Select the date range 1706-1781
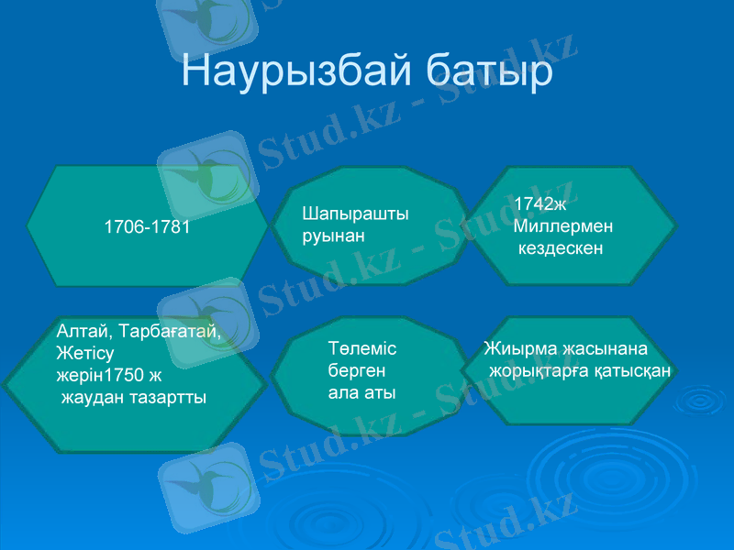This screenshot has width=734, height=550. pyautogui.click(x=147, y=226)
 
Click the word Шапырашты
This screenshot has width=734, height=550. pyautogui.click(x=355, y=214)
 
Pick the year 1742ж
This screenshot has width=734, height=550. pyautogui.click(x=540, y=204)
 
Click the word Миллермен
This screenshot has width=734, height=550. pyautogui.click(x=563, y=225)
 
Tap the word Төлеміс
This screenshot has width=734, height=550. pyautogui.click(x=361, y=348)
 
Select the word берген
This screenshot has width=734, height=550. pyautogui.click(x=357, y=370)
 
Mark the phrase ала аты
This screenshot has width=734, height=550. pyautogui.click(x=361, y=392)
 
